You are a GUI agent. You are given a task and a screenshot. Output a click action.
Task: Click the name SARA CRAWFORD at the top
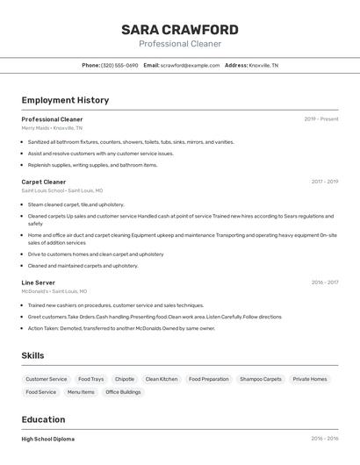pos(180,30)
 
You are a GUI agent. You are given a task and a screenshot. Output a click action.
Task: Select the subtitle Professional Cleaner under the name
pos(180,44)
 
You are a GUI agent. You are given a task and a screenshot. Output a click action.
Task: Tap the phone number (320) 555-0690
pos(119,66)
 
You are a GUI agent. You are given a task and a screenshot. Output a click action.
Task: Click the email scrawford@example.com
pos(190,66)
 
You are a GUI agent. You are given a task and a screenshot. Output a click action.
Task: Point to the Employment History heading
pos(65,100)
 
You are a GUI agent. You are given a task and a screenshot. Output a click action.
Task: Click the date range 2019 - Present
pos(321,119)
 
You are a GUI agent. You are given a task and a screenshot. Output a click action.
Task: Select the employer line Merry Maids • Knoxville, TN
pos(52,128)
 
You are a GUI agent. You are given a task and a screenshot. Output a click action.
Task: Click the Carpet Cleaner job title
pos(44,182)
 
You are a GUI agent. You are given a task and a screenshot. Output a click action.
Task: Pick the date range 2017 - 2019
pos(325,182)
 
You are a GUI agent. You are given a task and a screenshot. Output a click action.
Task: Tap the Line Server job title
pos(39,283)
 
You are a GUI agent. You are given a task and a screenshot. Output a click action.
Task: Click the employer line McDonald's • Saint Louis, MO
pos(54,291)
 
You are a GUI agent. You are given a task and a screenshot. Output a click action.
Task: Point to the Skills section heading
pos(33,355)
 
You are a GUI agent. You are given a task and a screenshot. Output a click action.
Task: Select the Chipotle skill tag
pos(125,379)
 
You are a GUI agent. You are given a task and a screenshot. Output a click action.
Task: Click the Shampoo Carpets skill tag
pos(261,379)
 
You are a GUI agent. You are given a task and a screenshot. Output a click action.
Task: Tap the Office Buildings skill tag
pos(123,392)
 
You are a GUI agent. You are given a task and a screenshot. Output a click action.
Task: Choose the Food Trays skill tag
pos(90,379)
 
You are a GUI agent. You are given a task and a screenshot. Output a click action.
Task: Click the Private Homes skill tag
pos(310,379)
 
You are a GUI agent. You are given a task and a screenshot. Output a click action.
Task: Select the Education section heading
pos(43,419)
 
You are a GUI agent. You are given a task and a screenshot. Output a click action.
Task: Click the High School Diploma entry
pos(48,439)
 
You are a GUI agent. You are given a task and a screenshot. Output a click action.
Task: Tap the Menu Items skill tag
pos(81,392)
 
